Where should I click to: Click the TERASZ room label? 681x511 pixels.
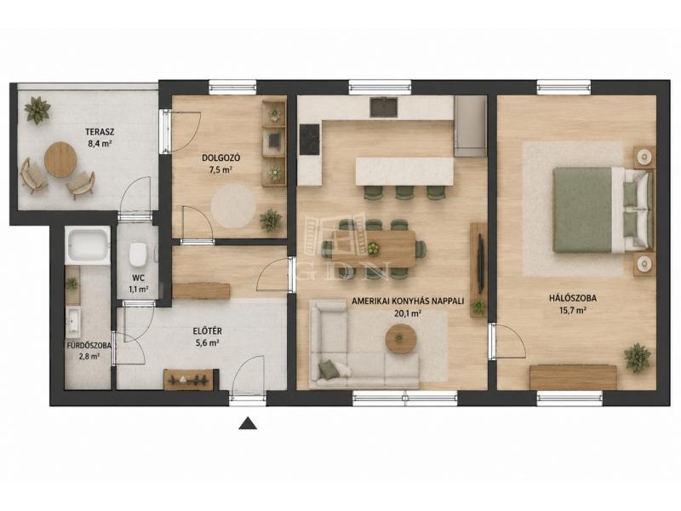tap(100, 132)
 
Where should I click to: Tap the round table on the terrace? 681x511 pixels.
tap(60, 160)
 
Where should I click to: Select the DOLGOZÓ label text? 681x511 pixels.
tap(221, 158)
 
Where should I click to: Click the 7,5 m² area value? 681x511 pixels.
tap(220, 169)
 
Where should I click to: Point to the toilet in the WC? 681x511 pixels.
tap(138, 254)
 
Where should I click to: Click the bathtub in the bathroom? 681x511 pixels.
tap(88, 245)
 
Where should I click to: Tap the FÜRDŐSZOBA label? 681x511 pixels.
tap(89, 346)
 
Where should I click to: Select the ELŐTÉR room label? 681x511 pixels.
tap(207, 331)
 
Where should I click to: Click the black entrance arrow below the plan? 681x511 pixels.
tap(248, 423)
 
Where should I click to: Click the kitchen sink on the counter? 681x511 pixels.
tap(384, 107)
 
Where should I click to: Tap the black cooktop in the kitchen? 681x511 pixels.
tap(310, 139)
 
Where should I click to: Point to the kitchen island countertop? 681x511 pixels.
tap(404, 171)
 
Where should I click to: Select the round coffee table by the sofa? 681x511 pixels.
tap(401, 339)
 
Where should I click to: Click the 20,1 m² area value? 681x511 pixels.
tap(408, 313)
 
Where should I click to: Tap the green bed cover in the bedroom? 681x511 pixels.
tap(582, 210)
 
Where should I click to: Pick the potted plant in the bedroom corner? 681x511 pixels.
tap(637, 358)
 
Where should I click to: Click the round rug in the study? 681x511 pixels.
tap(233, 206)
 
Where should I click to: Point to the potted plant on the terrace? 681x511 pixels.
tap(37, 111)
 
